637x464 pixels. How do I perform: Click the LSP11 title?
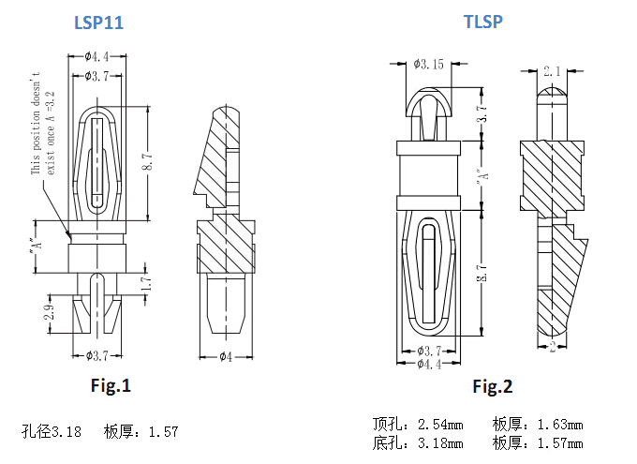pos(98,22)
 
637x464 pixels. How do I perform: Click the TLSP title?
pos(483,21)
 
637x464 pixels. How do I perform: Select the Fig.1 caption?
pos(111,385)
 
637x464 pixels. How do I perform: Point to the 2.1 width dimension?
pos(552,70)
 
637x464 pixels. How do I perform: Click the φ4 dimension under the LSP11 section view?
pos(225,356)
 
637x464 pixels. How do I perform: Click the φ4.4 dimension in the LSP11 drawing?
pos(97,57)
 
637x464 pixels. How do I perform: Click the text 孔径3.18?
pos(52,432)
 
